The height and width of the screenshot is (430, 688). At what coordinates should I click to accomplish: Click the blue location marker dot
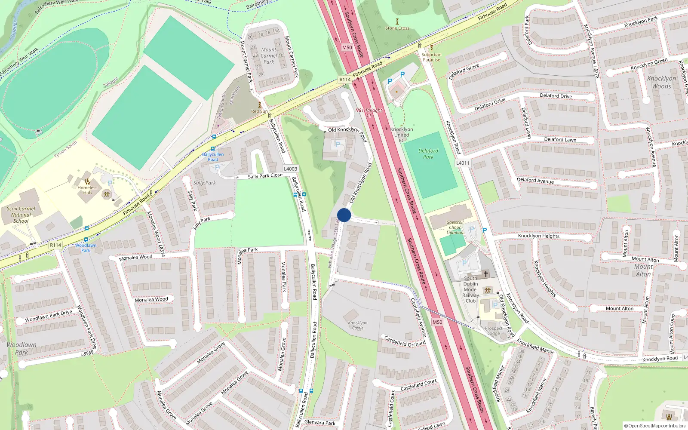(344, 215)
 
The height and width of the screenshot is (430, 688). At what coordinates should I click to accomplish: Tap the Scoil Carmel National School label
(21, 215)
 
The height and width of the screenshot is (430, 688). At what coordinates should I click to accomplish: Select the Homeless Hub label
(87, 190)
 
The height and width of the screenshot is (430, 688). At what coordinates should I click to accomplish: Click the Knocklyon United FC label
(402, 135)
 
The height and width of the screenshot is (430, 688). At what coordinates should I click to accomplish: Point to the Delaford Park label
(428, 154)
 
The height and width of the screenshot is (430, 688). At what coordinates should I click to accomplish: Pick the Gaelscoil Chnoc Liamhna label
(455, 227)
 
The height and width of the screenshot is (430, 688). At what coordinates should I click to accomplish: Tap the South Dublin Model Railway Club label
(470, 289)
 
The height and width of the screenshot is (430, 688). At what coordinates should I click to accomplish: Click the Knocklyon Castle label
(358, 325)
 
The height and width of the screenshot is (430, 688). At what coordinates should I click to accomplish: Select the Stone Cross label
(397, 28)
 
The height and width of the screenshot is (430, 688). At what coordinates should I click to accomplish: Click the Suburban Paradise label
(431, 57)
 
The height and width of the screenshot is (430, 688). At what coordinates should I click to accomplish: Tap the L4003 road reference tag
(291, 169)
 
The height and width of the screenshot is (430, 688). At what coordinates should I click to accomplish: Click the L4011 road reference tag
(463, 163)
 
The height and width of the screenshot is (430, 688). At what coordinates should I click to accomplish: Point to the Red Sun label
(259, 111)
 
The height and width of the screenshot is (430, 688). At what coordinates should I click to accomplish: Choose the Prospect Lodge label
(494, 331)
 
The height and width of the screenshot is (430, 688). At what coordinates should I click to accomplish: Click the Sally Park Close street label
(265, 176)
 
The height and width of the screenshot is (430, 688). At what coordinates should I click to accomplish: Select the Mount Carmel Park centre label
(269, 55)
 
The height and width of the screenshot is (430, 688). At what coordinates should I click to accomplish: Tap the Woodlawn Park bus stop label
(86, 248)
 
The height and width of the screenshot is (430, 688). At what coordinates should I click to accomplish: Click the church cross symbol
(486, 273)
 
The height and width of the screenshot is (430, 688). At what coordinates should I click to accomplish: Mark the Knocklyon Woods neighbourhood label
(661, 82)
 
